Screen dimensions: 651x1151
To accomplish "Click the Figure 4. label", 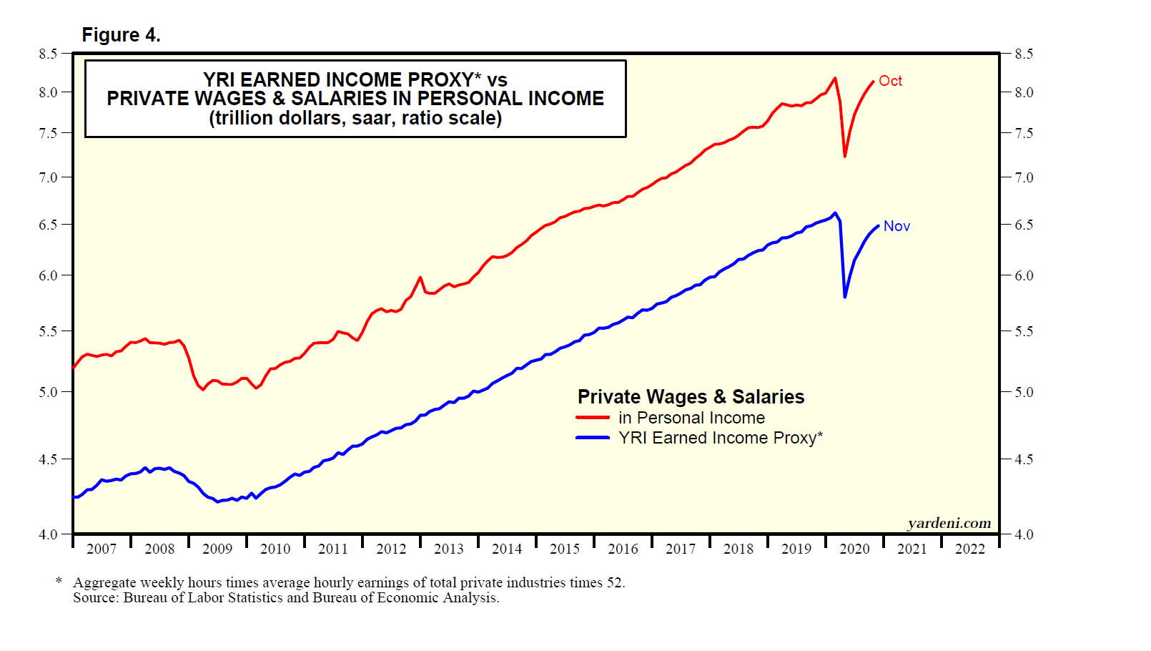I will pyautogui.click(x=121, y=35).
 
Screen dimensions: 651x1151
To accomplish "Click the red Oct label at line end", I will pyautogui.click(x=890, y=81).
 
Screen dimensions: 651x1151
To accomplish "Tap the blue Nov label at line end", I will pyautogui.click(x=896, y=226).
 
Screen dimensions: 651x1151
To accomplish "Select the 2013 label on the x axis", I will pyautogui.click(x=449, y=549).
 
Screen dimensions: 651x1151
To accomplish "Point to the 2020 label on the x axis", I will pyautogui.click(x=854, y=549).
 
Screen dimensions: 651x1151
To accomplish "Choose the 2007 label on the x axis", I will pyautogui.click(x=102, y=549).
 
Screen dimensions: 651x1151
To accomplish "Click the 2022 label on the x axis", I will pyautogui.click(x=970, y=549).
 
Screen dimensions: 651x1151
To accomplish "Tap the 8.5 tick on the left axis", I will pyautogui.click(x=49, y=54).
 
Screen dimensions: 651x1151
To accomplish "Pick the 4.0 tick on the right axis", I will pyautogui.click(x=1024, y=534).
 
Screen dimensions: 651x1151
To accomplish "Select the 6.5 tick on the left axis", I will pyautogui.click(x=49, y=225).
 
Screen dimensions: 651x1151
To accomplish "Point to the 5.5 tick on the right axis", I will pyautogui.click(x=1024, y=331).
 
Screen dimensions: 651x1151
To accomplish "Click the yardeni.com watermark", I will pyautogui.click(x=949, y=523).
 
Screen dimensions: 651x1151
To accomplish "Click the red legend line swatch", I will pyautogui.click(x=593, y=418).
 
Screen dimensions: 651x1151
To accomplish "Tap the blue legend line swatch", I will pyautogui.click(x=593, y=438).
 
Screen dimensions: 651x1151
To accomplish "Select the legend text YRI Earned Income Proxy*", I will pyautogui.click(x=721, y=438).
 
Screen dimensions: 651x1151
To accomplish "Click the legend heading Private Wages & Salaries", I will pyautogui.click(x=691, y=397).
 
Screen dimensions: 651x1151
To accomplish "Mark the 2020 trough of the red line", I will pyautogui.click(x=845, y=156).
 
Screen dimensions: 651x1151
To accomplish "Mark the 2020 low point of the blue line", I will pyautogui.click(x=845, y=296).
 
